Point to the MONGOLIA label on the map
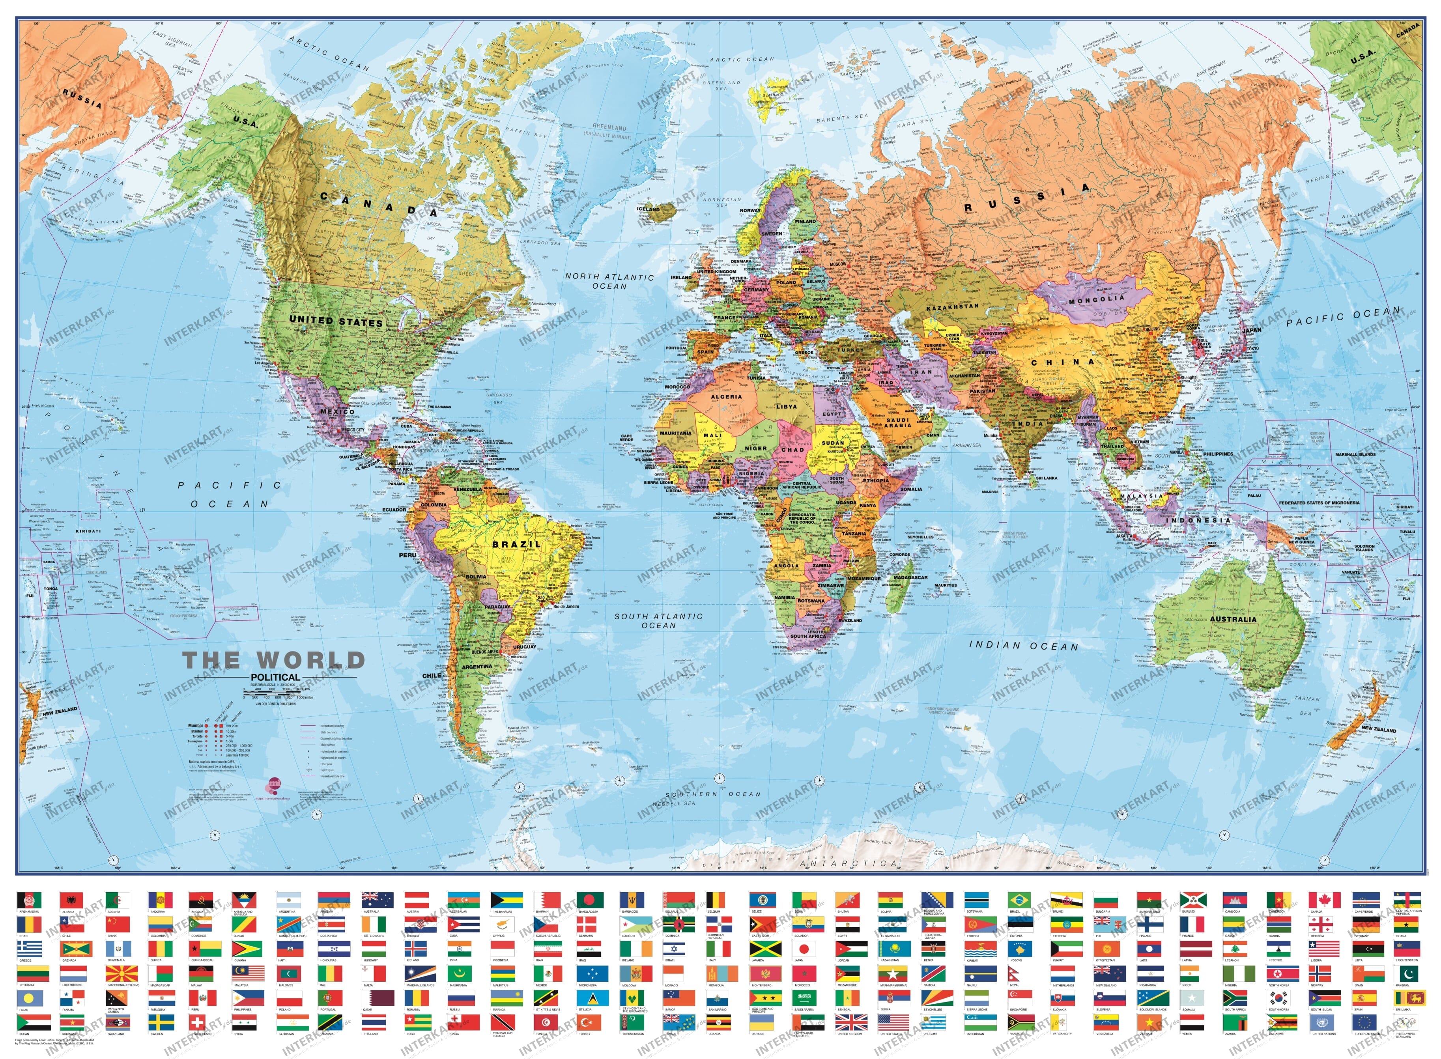tap(1097, 299)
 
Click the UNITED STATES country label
tap(336, 321)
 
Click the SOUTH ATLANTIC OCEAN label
tap(658, 620)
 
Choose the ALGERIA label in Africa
tap(726, 397)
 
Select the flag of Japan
tap(804, 949)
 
